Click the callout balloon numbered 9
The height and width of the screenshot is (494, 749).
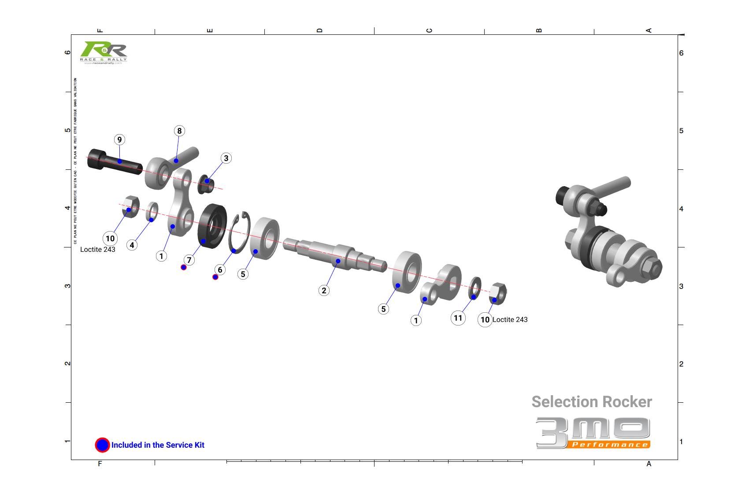[119, 140]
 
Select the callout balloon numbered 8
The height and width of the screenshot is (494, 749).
[179, 131]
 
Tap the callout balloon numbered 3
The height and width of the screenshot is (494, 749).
[226, 158]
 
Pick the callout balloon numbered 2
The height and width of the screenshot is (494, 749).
[324, 290]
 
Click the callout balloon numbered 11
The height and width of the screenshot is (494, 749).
[458, 318]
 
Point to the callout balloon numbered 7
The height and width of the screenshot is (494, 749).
[189, 260]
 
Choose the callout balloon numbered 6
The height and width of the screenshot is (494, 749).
[220, 270]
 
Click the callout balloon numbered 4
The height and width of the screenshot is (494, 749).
[132, 245]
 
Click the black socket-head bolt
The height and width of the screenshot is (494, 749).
[114, 162]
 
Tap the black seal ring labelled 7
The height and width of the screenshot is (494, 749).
[212, 226]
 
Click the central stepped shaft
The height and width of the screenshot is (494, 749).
[335, 256]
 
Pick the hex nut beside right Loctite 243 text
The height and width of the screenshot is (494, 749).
[497, 293]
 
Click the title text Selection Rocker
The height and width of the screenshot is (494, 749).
[591, 402]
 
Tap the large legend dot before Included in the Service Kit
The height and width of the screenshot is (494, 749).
[102, 445]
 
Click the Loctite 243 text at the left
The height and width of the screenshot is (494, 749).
[97, 250]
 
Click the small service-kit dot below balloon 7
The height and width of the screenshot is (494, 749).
[184, 267]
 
